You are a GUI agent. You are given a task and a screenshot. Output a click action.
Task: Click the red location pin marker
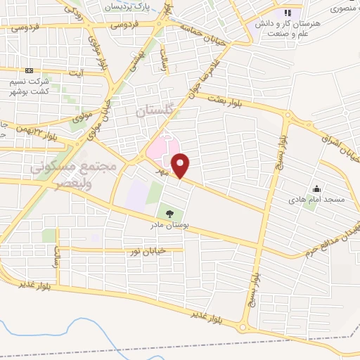[x=181, y=166]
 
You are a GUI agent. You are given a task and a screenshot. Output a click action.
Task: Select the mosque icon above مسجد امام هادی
[x=316, y=188]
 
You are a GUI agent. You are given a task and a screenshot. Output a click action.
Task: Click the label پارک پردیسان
[x=129, y=6]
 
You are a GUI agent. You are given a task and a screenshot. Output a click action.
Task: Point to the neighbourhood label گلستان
[x=153, y=111]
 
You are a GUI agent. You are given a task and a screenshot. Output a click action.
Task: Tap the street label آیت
[x=79, y=72]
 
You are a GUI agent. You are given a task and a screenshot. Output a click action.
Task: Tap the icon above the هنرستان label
[x=287, y=13]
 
